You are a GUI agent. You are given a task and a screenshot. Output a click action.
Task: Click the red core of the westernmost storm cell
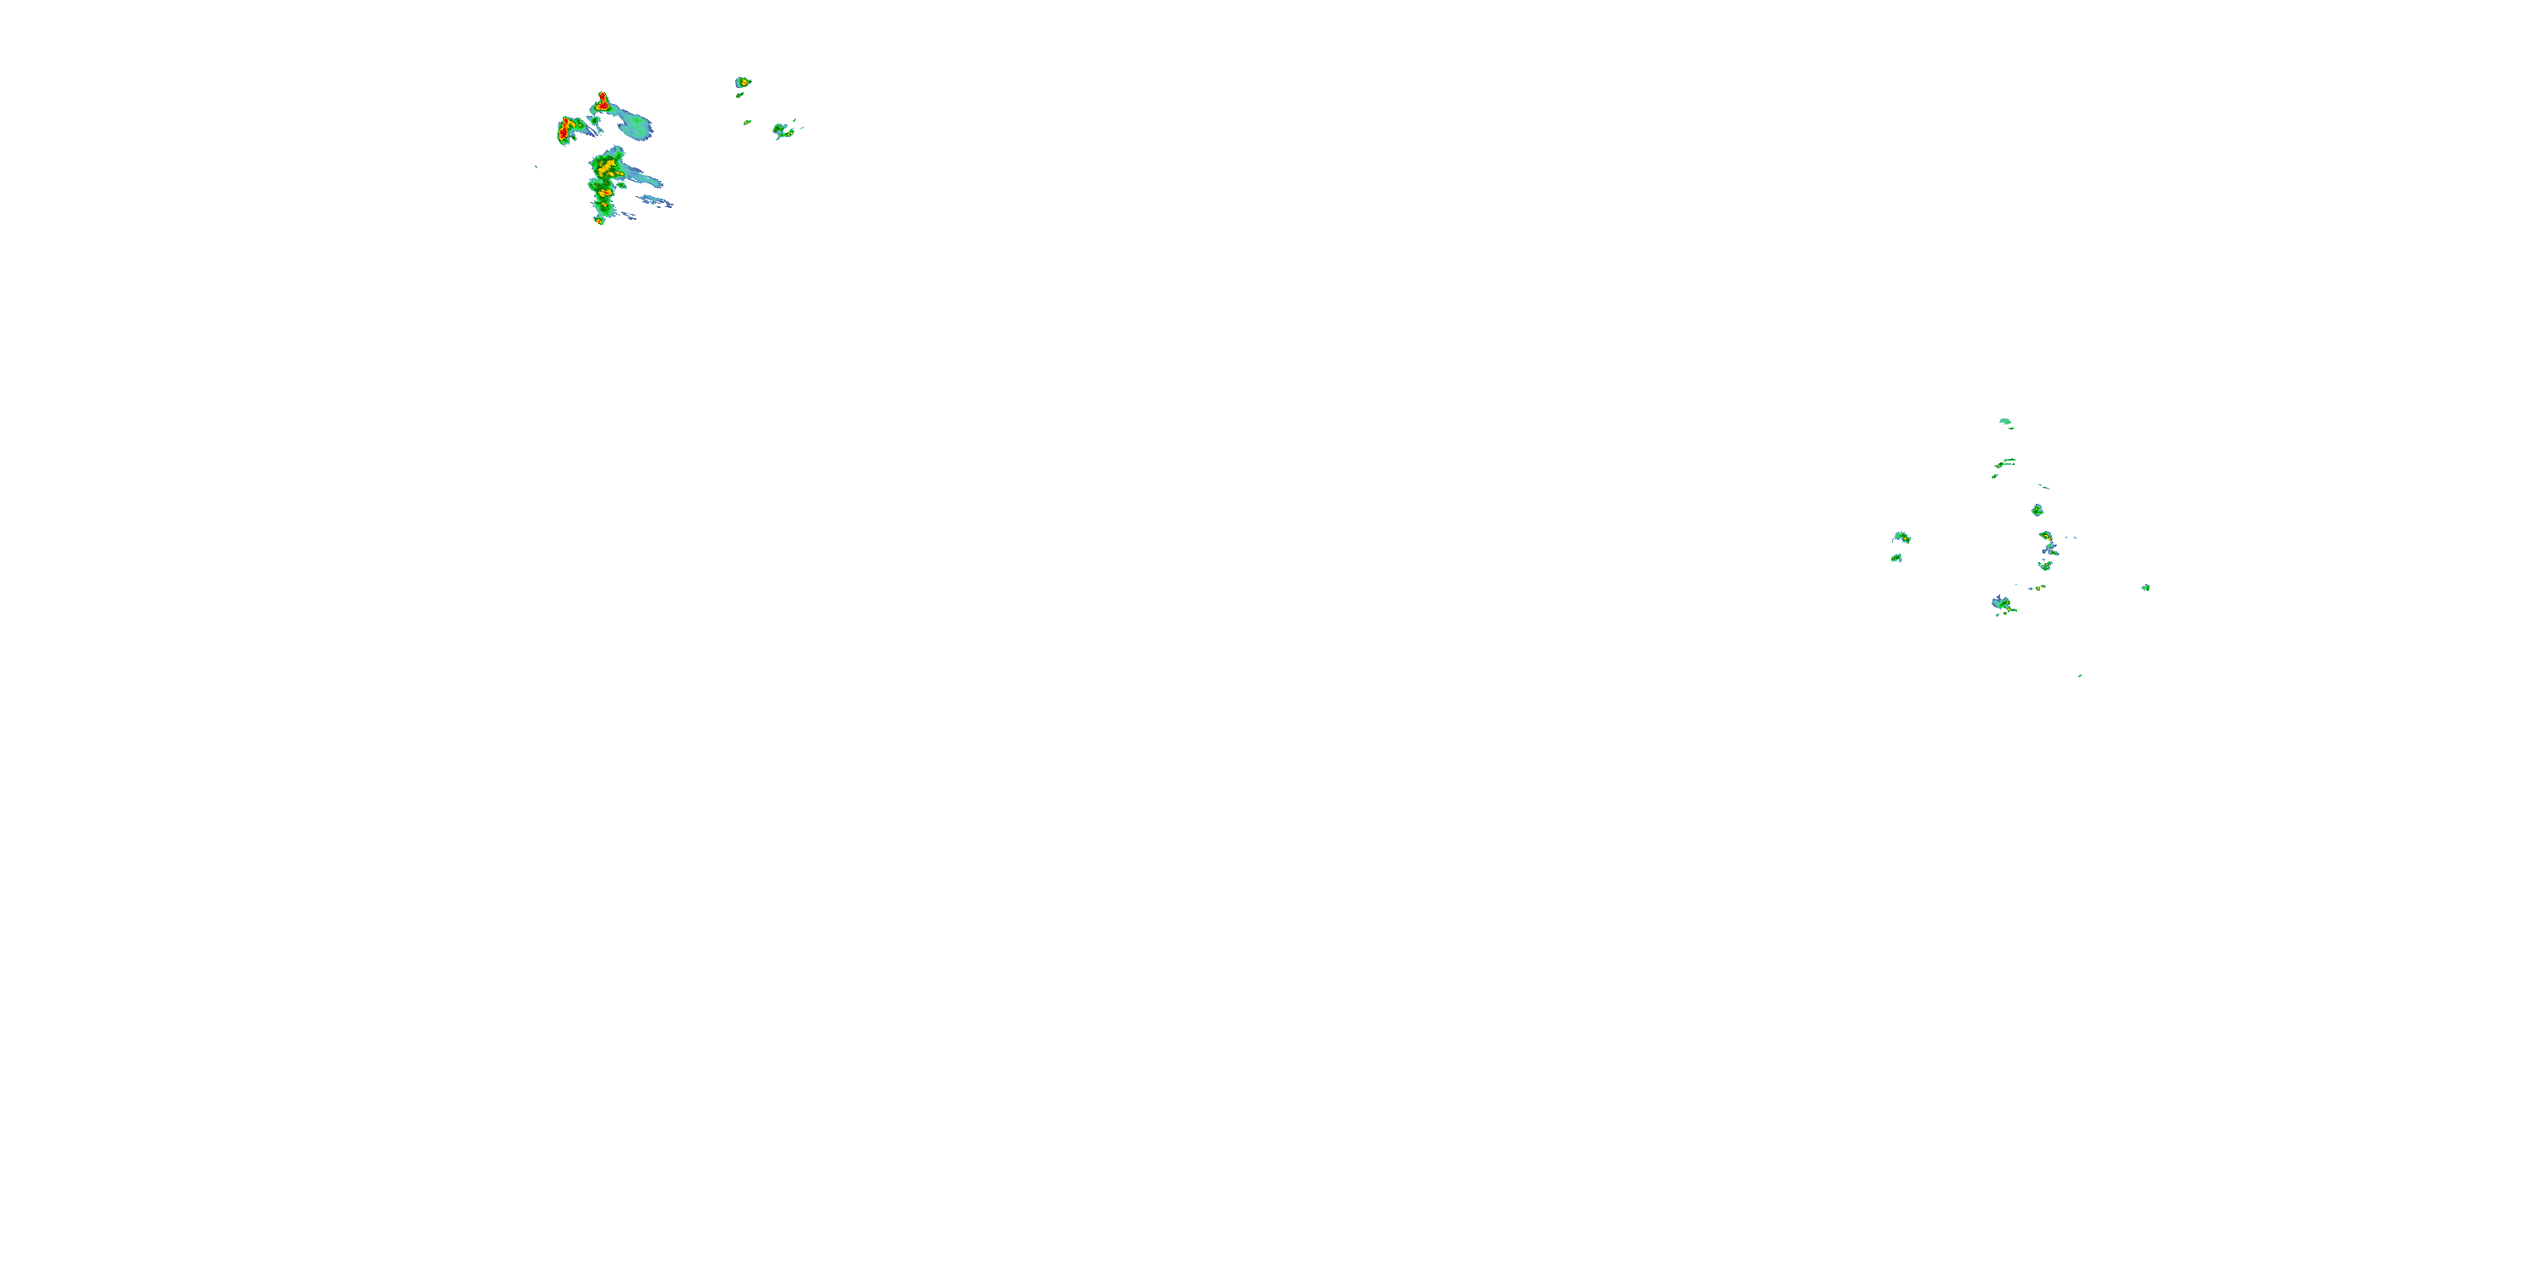564,129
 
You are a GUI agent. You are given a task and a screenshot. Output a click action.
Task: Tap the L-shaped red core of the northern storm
602,101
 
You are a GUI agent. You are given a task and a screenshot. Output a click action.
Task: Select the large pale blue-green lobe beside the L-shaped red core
632,126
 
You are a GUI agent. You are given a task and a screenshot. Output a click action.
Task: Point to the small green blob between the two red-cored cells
594,121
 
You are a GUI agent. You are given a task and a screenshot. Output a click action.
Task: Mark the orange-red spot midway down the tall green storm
606,193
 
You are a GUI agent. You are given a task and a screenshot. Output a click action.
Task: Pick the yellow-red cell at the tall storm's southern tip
599,220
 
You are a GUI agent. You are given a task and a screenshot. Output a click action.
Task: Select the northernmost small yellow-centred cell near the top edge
743,82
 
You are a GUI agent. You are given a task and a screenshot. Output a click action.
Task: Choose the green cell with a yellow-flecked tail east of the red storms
782,129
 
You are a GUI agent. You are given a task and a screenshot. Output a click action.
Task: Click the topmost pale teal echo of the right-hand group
2005,421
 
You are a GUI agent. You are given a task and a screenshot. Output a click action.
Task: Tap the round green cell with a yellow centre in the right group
2037,510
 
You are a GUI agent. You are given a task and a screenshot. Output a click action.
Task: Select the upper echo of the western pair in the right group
1901,537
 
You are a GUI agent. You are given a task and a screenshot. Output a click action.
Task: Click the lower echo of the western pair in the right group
1896,558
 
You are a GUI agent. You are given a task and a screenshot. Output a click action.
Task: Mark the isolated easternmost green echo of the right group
2145,588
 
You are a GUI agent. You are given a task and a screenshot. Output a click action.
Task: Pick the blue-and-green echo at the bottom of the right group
2002,604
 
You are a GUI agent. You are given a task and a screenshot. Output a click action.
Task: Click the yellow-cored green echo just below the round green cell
2046,537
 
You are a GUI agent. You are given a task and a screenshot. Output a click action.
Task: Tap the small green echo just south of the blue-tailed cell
2046,565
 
